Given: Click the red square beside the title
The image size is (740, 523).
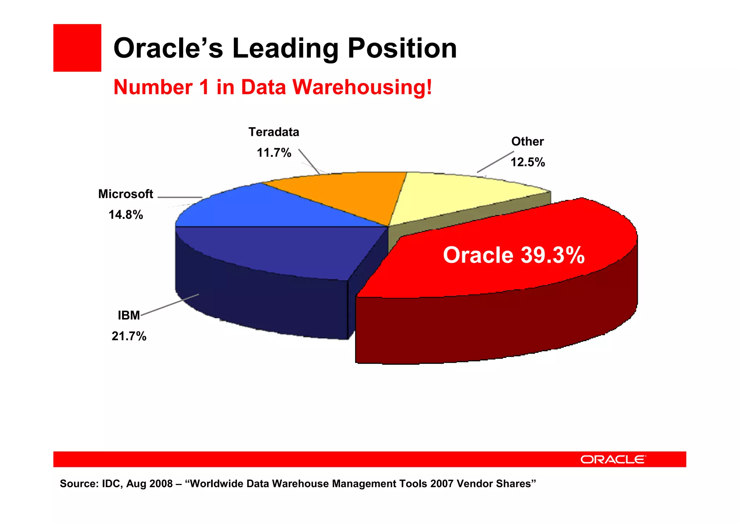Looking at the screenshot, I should [77, 48].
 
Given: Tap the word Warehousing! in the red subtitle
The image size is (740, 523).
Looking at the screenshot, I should [362, 87].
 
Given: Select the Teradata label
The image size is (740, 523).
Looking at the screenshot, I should [274, 132].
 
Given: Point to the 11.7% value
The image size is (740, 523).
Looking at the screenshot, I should [274, 153].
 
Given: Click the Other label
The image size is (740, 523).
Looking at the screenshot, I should [527, 142].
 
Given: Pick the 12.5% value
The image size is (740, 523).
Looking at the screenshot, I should [527, 162].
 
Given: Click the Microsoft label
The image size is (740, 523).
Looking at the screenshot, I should [125, 194].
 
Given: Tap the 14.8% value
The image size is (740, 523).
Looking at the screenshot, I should [126, 215].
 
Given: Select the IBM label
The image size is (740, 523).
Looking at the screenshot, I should [129, 316].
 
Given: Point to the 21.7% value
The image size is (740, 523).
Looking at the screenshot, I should [129, 336].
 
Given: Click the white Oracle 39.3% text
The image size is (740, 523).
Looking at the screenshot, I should [513, 255].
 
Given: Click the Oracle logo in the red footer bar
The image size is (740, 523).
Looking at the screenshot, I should [613, 459].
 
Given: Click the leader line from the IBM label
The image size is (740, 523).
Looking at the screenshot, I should [170, 305].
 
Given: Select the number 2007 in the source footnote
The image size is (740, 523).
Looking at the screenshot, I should [442, 484].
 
